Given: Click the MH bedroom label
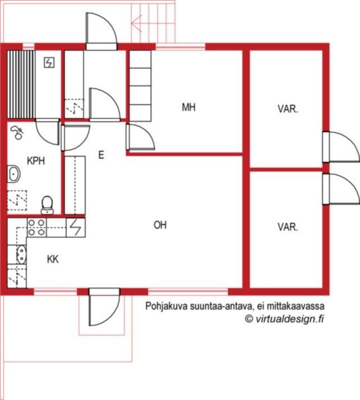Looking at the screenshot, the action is (188, 107).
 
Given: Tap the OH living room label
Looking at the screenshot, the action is (160, 225).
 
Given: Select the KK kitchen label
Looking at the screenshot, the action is (53, 259).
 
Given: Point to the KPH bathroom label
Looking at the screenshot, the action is (36, 161).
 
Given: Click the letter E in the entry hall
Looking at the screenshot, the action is (101, 155).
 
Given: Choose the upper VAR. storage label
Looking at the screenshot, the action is (288, 109).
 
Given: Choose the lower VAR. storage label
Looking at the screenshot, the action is (288, 227).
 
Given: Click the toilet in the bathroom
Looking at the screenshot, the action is (47, 205).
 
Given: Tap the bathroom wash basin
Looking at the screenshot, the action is (13, 174).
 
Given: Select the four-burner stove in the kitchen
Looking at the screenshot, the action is (37, 227).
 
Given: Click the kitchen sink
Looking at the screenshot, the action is (21, 254).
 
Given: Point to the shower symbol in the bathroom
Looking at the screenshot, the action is (17, 133).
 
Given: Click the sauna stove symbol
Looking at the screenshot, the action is (49, 62).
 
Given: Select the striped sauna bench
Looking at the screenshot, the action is (21, 84).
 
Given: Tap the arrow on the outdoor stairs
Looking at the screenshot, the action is (137, 24).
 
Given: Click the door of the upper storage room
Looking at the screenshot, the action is (341, 147).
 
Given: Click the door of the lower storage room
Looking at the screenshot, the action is (341, 189).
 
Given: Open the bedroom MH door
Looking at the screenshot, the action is (140, 137).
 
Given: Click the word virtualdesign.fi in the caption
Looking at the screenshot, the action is (290, 319).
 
